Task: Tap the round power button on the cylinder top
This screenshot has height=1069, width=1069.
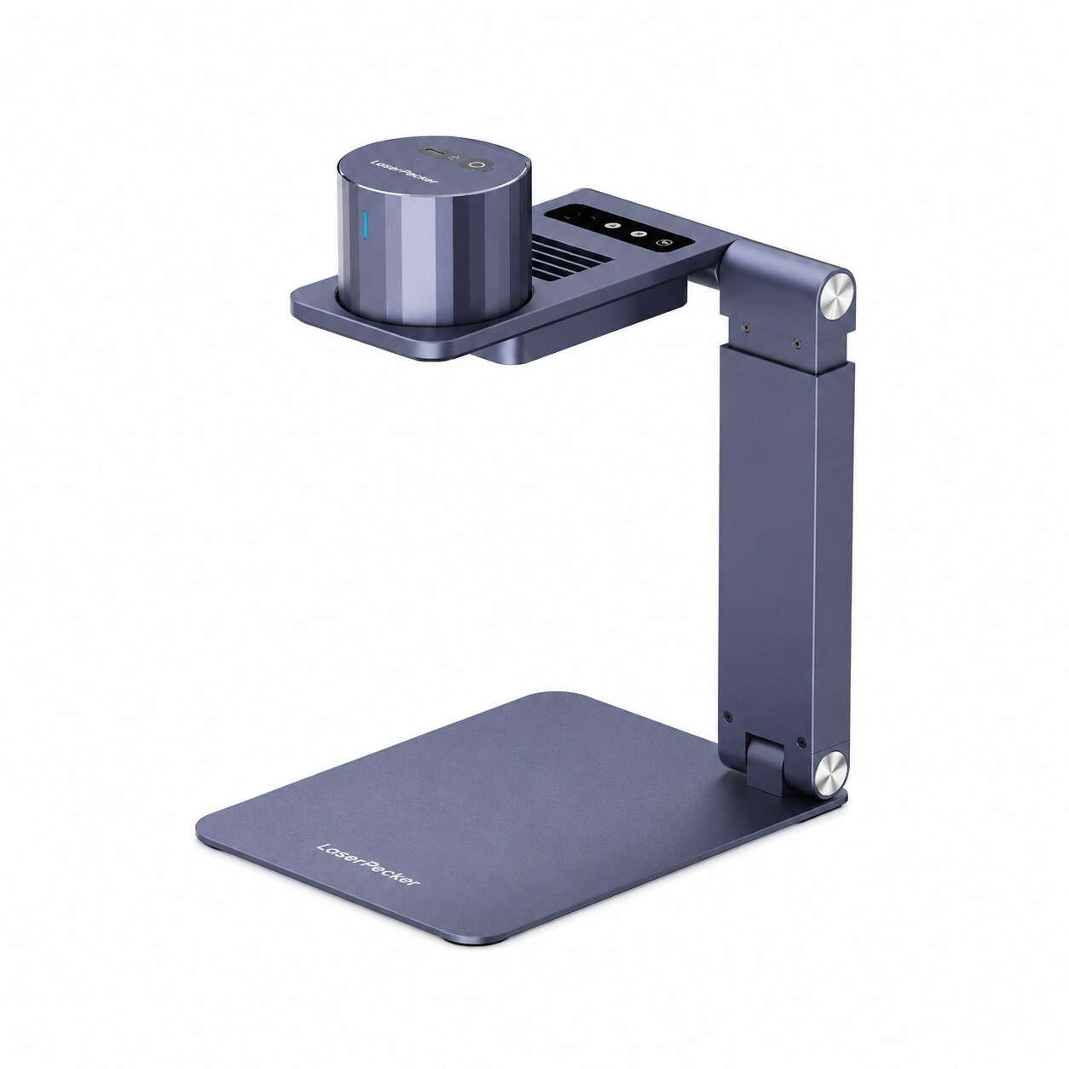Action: (x=476, y=165)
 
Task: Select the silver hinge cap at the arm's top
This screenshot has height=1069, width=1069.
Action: (x=835, y=295)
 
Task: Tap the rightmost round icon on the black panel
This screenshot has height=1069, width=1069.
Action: (x=664, y=242)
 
